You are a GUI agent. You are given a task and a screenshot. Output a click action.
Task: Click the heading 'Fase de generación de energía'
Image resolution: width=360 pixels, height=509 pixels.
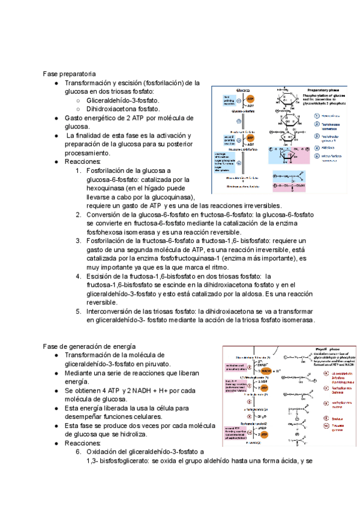point(89,346)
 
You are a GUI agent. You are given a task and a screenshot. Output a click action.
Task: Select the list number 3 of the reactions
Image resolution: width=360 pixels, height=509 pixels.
point(79,241)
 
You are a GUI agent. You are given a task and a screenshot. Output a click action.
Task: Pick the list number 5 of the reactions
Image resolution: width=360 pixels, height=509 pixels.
point(79,311)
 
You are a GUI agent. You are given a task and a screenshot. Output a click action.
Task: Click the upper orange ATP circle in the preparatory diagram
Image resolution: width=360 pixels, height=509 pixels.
point(250,99)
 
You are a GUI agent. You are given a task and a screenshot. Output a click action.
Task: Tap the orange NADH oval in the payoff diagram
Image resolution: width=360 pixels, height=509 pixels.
point(266,370)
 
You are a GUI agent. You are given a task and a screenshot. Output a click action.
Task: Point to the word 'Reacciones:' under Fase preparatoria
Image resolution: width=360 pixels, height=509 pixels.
point(83,161)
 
